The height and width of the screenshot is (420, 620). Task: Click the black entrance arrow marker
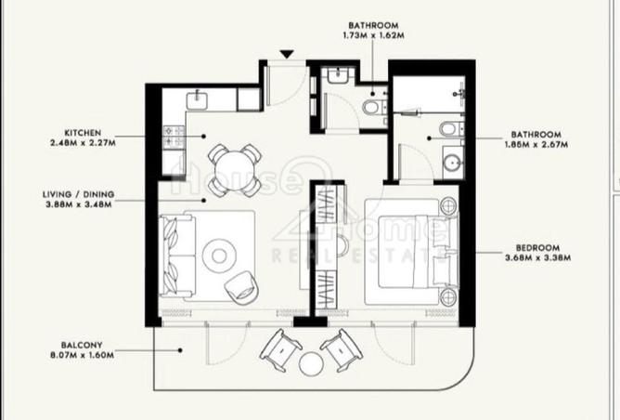tap(287, 55)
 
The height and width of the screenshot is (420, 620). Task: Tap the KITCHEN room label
tap(83, 133)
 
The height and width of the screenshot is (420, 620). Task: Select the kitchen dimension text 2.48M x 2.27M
tap(83, 142)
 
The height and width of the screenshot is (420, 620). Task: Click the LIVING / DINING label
tap(78, 194)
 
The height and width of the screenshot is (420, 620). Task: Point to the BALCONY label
tap(82, 345)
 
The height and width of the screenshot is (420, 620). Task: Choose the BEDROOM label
tap(537, 248)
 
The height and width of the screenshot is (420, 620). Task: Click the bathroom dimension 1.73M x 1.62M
tap(373, 35)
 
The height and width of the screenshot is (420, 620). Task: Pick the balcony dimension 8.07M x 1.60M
tap(82, 355)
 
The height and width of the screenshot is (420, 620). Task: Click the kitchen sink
tap(197, 99)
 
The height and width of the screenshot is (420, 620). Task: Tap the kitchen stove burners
tap(174, 137)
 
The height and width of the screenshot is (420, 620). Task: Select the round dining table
tap(235, 170)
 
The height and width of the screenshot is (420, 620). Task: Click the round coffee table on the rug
tap(219, 256)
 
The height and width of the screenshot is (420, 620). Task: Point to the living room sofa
tap(177, 256)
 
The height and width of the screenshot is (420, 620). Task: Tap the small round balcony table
tap(311, 364)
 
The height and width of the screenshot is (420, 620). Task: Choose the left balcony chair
tap(280, 350)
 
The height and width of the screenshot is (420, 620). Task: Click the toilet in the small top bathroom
tap(375, 107)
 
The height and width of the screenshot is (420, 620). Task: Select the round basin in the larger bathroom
tap(453, 163)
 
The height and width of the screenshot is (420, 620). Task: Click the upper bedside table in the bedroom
tap(448, 206)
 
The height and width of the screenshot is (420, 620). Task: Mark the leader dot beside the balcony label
tap(180, 350)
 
